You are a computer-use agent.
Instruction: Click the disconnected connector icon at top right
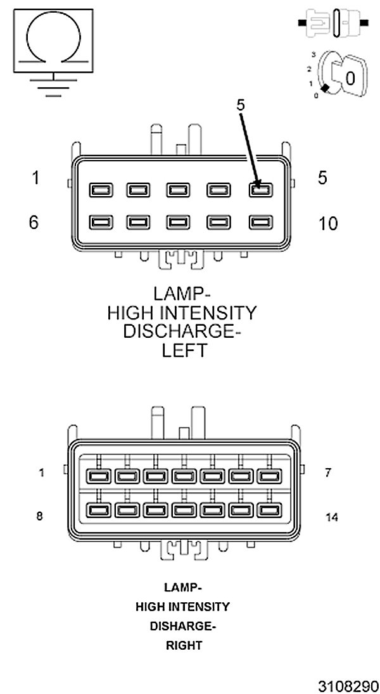click(333, 23)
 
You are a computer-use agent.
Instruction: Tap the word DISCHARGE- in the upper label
click(182, 332)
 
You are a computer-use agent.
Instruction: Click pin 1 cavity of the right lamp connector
click(98, 475)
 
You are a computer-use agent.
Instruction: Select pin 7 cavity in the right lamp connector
click(270, 475)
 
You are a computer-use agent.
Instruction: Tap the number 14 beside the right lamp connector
click(331, 517)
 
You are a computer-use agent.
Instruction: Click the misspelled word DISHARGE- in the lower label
click(182, 626)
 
